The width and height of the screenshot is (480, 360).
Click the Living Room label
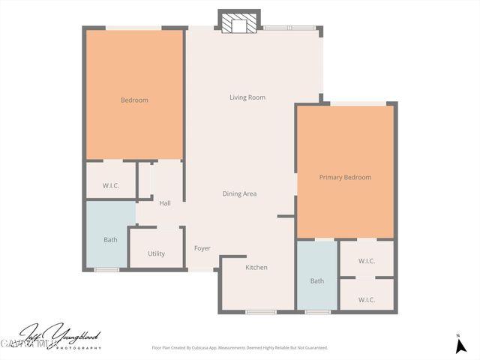(247, 97)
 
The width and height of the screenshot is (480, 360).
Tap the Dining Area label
(240, 193)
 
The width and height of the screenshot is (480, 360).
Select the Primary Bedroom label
(345, 178)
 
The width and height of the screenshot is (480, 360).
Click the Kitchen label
(256, 268)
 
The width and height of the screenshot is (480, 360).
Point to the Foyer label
(202, 248)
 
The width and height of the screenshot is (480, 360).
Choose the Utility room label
(156, 254)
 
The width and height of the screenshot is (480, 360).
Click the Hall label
(165, 203)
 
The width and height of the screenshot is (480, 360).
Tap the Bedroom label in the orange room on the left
(135, 100)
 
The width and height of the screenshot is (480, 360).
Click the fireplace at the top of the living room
(238, 24)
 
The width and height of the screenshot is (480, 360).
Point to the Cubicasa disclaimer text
(240, 348)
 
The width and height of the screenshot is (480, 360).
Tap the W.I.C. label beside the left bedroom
(109, 186)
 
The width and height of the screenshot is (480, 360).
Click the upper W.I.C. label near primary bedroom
(367, 262)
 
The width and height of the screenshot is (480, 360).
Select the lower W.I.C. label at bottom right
(367, 300)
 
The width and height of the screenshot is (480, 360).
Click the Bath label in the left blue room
(110, 240)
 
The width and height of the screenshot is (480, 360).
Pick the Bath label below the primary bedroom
(317, 281)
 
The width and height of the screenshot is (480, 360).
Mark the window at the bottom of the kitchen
(260, 311)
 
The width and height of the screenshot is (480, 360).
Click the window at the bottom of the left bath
(106, 269)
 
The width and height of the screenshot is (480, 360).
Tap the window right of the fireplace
(289, 28)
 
